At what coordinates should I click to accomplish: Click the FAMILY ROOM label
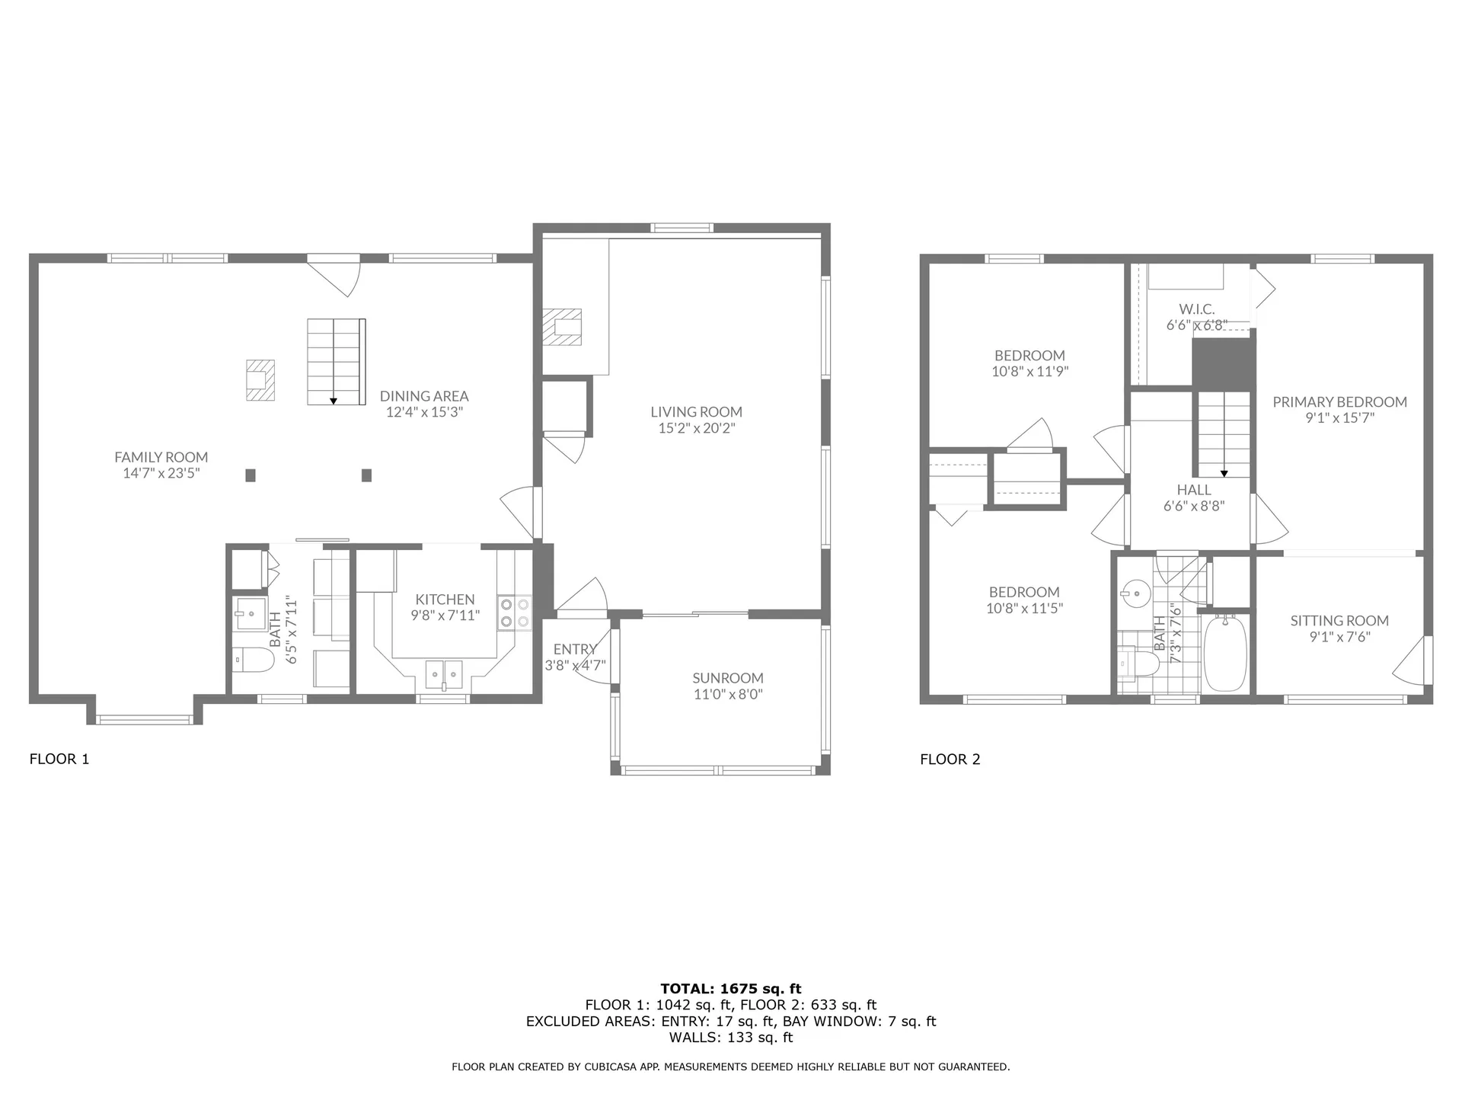point(161,457)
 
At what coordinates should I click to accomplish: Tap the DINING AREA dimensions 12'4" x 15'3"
point(424,412)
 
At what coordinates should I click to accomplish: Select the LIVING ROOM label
point(696,412)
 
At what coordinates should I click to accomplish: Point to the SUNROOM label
point(728,678)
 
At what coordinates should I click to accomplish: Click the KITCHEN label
point(445,600)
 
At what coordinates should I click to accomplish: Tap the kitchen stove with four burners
point(515,613)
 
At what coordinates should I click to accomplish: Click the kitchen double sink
point(443,673)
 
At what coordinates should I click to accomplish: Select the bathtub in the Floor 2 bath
point(1224,653)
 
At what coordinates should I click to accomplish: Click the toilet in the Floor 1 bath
point(254,660)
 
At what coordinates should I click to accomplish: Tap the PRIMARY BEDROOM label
point(1339,402)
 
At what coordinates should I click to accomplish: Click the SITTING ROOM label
point(1339,621)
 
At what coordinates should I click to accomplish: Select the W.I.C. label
point(1196,309)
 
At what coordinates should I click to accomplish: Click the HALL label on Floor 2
point(1193,490)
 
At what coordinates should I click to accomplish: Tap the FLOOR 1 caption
point(59,759)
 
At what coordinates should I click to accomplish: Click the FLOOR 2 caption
point(950,759)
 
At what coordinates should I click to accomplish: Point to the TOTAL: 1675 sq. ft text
point(731,990)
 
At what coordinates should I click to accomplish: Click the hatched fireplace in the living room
point(562,327)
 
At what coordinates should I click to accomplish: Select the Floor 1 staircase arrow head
point(334,401)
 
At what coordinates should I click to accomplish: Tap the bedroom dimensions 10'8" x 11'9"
point(1029,372)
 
